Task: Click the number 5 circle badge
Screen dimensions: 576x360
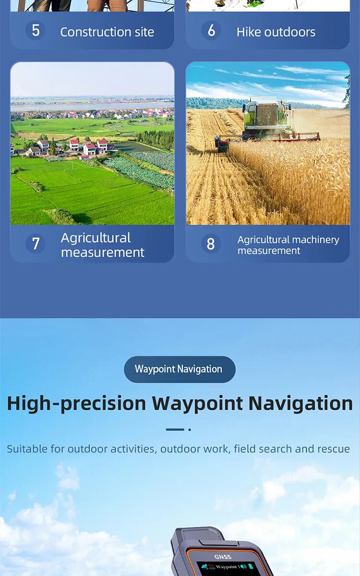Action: coord(36,31)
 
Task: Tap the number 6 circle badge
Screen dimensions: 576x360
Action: coord(211,31)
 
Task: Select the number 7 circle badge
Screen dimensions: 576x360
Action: coord(36,244)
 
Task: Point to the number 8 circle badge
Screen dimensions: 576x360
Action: coord(211,244)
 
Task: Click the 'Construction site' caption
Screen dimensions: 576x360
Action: coord(107,32)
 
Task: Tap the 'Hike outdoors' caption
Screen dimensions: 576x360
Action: coord(276,32)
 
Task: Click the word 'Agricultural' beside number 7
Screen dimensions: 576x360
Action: coord(96,238)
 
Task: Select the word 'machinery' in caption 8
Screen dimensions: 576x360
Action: coord(315,240)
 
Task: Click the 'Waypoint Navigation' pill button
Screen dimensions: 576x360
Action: coord(179,369)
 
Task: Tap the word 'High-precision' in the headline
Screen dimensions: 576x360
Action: coord(76,403)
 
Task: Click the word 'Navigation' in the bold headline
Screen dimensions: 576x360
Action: coord(300,403)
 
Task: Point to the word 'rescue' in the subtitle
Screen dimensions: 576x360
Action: coord(333,449)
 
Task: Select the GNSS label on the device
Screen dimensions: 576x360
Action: coord(222,557)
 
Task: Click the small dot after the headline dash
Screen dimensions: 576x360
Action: coord(190,430)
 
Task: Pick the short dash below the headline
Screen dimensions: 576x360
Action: coord(175,430)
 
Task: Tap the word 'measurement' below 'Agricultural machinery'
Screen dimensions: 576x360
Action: coord(269,251)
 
